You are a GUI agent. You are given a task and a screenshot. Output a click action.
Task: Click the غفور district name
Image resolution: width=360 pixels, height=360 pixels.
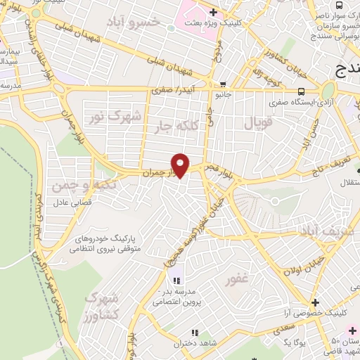coord(237,281)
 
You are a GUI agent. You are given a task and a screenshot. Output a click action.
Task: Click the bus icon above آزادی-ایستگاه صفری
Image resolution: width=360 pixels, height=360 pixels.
coord(302,91)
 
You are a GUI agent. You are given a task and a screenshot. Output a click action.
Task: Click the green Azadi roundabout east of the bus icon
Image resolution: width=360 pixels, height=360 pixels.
coord(328,91)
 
